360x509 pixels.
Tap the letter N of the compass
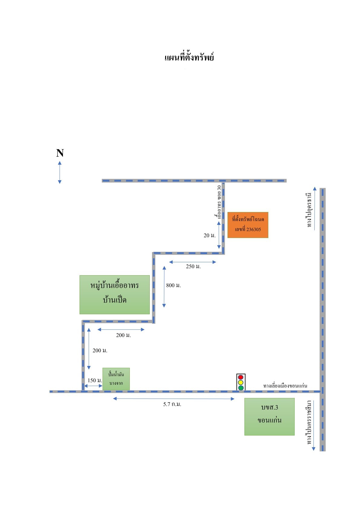click(x=60, y=153)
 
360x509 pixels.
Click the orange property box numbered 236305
click(x=248, y=225)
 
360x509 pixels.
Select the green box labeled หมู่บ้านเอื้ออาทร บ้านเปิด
click(x=115, y=295)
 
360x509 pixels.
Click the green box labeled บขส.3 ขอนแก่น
click(x=269, y=416)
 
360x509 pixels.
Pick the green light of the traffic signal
click(x=241, y=388)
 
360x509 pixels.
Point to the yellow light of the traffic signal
click(x=241, y=383)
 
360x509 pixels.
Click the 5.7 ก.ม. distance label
click(x=172, y=404)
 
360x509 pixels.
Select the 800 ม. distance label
click(x=173, y=285)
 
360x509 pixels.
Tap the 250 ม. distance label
click(x=193, y=266)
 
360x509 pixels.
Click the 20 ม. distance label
click(x=210, y=235)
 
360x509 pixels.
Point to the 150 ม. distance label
click(x=95, y=380)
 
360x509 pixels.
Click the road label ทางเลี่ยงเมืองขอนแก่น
click(x=285, y=386)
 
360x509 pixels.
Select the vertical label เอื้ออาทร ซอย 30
click(x=219, y=202)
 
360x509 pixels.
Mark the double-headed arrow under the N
click(x=60, y=172)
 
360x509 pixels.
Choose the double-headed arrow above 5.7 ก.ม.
click(x=174, y=399)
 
